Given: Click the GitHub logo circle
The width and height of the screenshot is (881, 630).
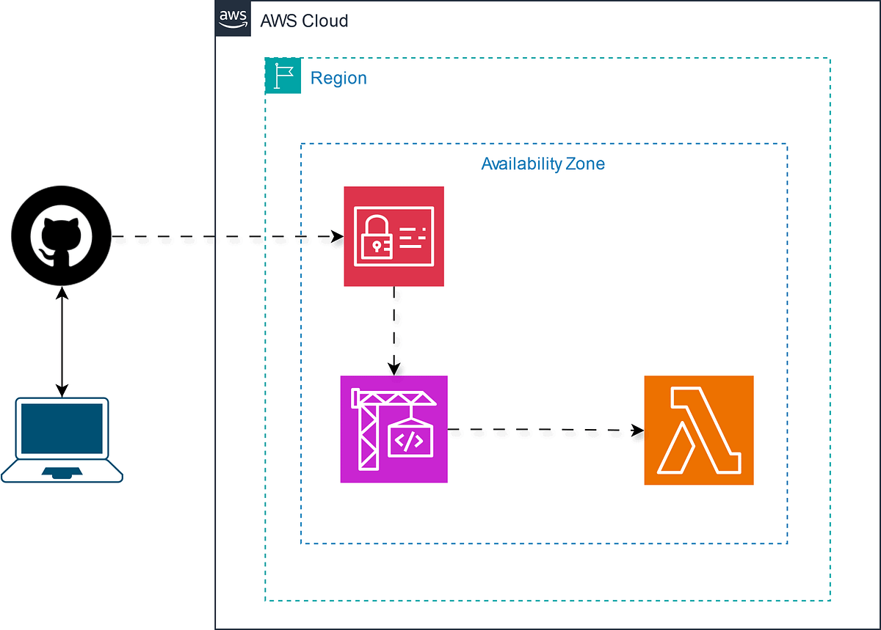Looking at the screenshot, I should (61, 237).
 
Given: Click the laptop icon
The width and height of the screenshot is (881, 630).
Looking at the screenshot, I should (62, 439).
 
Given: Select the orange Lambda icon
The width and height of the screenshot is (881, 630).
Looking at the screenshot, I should (699, 430).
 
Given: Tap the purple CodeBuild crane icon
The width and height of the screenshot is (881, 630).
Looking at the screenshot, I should (394, 429).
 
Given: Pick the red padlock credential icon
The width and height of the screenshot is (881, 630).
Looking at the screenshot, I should (394, 236).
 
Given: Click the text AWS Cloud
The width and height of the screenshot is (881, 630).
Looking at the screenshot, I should (304, 21).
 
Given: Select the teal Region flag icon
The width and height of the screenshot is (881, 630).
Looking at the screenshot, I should (283, 76).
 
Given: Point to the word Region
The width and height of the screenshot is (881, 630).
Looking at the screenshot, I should (338, 78).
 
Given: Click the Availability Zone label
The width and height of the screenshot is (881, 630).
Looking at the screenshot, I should (543, 164).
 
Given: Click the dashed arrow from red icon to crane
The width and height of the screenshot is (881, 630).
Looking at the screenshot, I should (395, 326).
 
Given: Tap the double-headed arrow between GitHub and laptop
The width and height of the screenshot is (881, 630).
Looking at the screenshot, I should (62, 341).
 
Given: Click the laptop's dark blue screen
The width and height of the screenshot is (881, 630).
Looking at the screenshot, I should (62, 428).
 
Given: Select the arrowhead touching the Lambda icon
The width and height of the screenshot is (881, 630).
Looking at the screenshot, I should (637, 431).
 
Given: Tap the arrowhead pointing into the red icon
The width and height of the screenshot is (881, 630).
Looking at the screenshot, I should (338, 237).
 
